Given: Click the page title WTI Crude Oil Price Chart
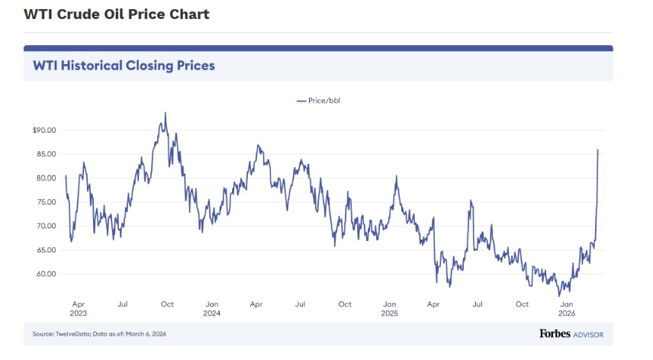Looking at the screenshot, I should [117, 14].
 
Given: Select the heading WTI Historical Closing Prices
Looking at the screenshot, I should [124, 66].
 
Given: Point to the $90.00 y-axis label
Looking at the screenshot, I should [44, 130].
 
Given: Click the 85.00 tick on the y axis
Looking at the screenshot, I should [46, 154].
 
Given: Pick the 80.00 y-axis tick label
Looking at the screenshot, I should [46, 178].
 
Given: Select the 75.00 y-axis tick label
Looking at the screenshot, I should [46, 202].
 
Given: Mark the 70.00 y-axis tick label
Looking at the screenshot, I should [46, 227].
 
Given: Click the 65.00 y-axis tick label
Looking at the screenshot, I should [46, 250].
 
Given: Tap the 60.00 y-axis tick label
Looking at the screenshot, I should [46, 274].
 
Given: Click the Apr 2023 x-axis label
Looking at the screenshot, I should [79, 309].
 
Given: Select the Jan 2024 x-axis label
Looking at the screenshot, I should [212, 309].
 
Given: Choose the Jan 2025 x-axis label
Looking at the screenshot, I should [389, 309].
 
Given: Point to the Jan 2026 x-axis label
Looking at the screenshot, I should [567, 309].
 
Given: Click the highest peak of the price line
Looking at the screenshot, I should [165, 113].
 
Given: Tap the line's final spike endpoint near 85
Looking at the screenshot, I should [597, 149].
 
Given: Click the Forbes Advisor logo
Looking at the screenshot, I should [576, 333].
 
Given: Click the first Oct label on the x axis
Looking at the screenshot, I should [167, 304].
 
